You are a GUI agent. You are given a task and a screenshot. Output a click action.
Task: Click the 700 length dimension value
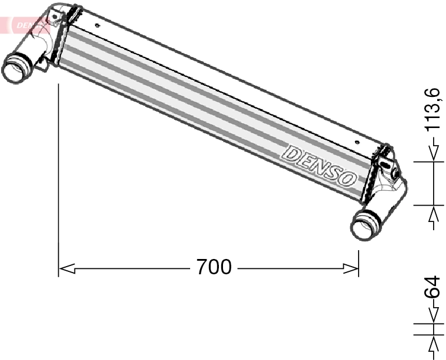pos(214,268)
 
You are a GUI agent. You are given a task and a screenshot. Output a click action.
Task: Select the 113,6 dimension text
pos(433,110)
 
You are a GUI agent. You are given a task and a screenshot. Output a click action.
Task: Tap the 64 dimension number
pos(433,288)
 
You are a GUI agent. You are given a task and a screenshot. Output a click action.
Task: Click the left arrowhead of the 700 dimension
pos(67,268)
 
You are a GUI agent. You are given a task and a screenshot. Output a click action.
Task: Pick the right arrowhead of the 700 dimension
pos(350,268)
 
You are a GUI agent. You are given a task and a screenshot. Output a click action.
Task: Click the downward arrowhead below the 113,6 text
pos(434,153)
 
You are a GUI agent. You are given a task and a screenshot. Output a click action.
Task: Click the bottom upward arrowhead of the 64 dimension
pos(434,344)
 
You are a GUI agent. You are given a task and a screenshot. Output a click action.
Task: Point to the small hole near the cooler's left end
pos(97,25)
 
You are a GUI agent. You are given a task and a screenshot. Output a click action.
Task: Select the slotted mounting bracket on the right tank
pos(387,162)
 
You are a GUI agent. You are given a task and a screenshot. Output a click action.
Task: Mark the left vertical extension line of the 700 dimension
pos(59,176)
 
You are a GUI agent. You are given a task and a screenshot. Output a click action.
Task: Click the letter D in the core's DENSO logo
pos(291,153)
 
